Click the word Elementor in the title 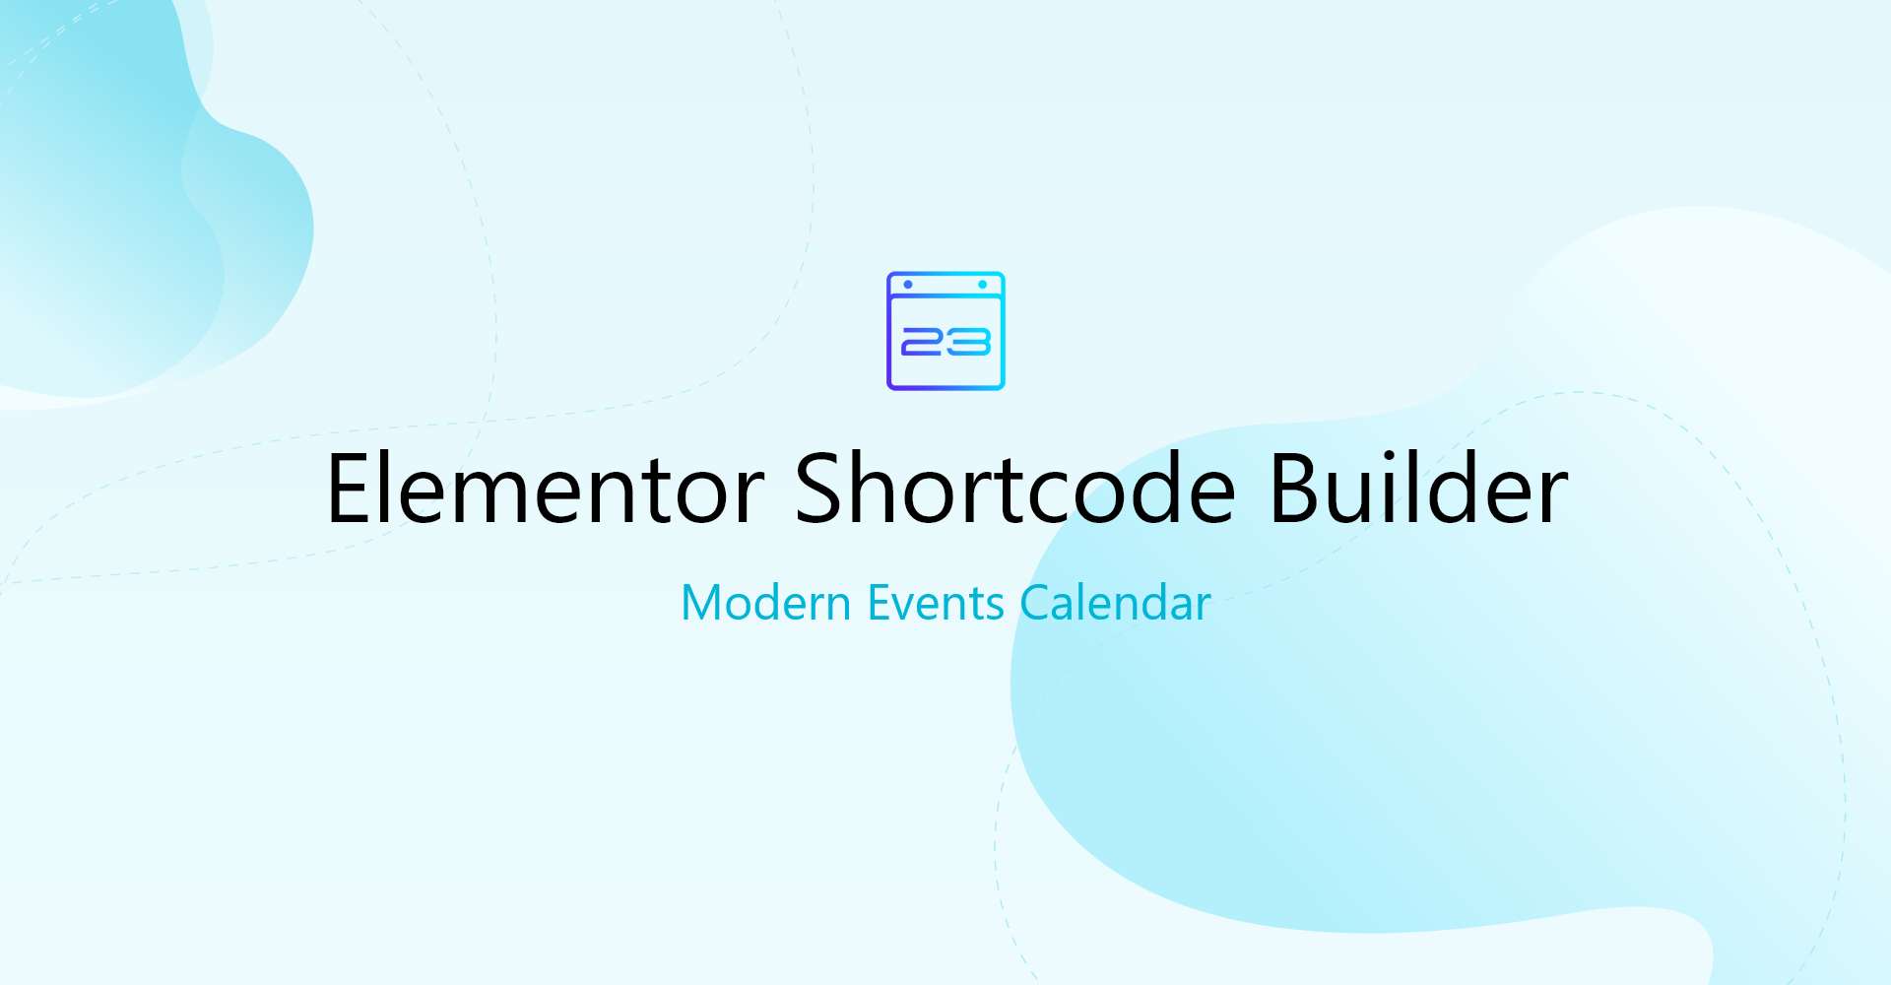coord(546,489)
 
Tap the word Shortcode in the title coord(1014,487)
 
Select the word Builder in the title coord(1418,487)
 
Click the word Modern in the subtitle coord(766,603)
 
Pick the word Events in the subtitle coord(936,603)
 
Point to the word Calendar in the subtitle coord(1115,603)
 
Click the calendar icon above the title coord(945,331)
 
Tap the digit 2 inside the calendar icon coord(922,342)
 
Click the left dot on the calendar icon coord(908,285)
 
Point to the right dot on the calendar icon coord(982,285)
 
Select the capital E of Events coord(879,603)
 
